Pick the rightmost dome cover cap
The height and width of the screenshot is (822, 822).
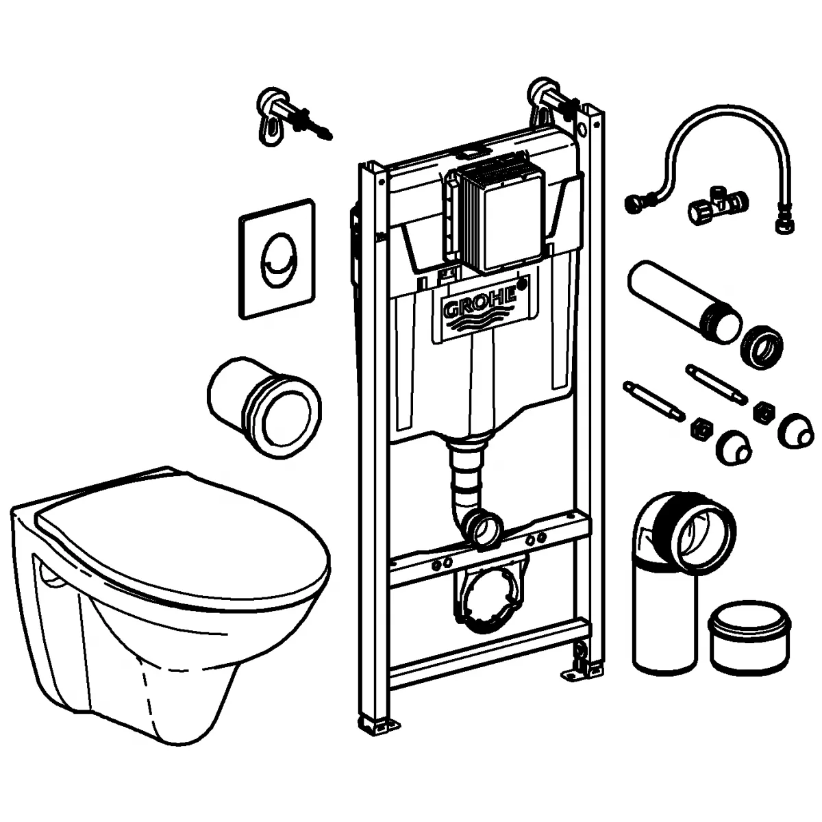(796, 429)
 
